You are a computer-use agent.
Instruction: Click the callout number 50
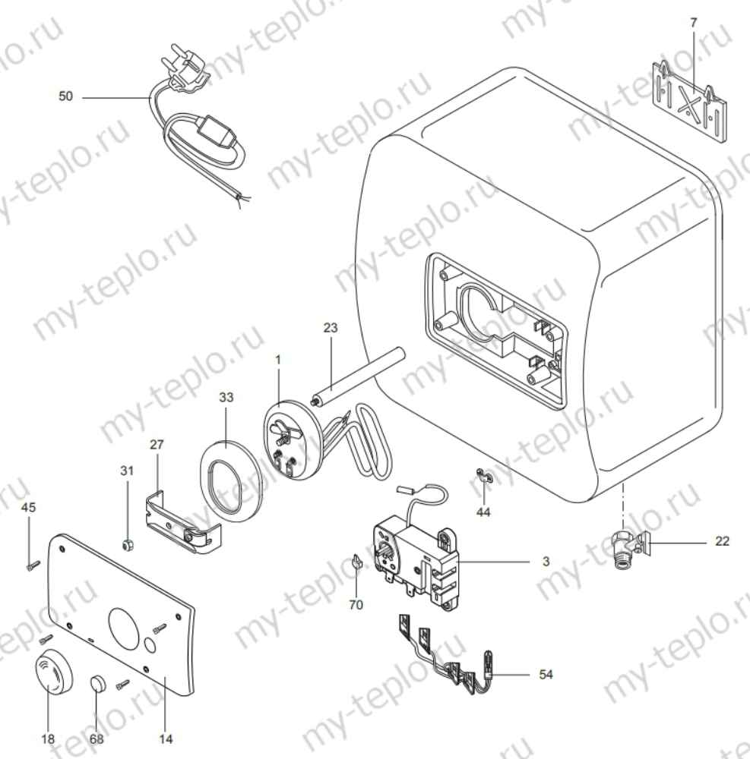[x=66, y=97]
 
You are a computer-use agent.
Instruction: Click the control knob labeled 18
[x=53, y=672]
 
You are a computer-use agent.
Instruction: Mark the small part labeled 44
[x=483, y=476]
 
